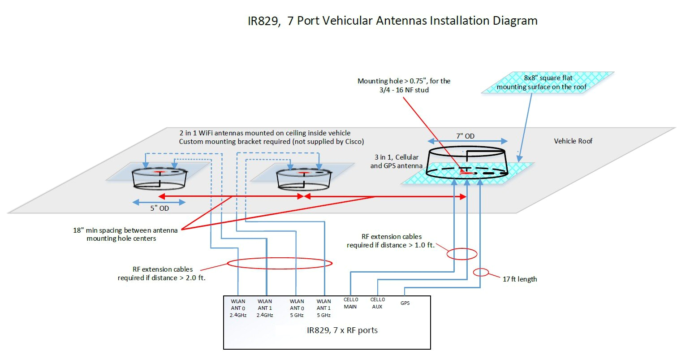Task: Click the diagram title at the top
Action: coord(392,21)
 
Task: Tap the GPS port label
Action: coord(405,303)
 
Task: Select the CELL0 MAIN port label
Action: coord(350,303)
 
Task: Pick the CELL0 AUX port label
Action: coord(378,303)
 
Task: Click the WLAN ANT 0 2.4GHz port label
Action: coord(238,308)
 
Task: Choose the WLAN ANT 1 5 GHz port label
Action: coord(323,308)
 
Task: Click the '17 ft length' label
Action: coord(519,279)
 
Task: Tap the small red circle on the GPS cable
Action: coord(481,272)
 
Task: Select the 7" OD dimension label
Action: coord(466,136)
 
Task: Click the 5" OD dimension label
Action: coord(160,208)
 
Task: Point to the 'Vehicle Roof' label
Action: coord(573,141)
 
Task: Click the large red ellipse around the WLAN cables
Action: coord(280,263)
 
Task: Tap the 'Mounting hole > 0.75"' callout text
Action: coord(404,85)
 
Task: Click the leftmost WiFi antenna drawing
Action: coord(160,178)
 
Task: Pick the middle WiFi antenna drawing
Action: coord(304,178)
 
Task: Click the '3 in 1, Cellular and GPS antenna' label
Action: coord(396,161)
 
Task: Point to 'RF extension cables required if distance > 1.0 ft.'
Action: coord(391,241)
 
